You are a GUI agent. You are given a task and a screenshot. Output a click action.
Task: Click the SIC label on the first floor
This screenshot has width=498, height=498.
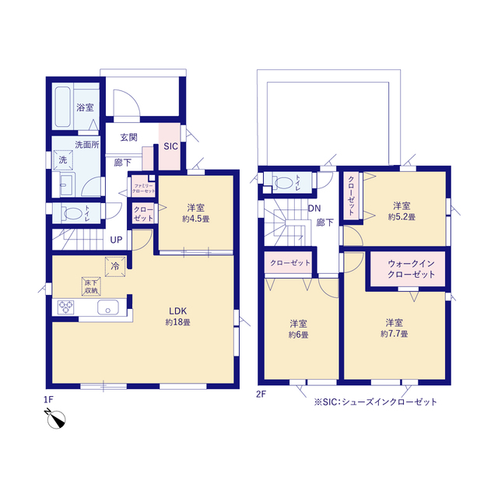click(x=170, y=146)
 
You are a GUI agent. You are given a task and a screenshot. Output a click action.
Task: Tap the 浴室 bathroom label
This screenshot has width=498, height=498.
click(x=85, y=107)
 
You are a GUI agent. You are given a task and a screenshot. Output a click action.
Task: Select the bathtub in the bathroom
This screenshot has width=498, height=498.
click(x=62, y=107)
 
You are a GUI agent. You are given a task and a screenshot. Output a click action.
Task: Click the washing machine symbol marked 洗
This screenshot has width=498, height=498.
click(x=63, y=160)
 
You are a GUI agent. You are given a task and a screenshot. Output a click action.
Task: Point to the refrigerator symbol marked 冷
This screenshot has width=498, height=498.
click(x=115, y=266)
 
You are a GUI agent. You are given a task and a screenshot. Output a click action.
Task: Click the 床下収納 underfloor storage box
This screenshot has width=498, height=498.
click(x=91, y=286)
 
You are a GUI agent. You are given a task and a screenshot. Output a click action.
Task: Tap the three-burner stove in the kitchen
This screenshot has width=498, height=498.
click(x=65, y=307)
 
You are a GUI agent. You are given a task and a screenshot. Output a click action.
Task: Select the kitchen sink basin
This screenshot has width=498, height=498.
click(x=108, y=307)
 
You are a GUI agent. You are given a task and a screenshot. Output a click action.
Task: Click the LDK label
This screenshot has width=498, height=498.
click(x=177, y=311)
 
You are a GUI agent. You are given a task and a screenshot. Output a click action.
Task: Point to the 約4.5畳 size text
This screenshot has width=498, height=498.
click(x=195, y=219)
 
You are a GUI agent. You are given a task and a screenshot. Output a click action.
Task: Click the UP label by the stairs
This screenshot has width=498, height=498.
click(x=116, y=240)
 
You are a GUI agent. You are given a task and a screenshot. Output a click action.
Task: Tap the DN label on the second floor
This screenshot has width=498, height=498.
click(x=314, y=209)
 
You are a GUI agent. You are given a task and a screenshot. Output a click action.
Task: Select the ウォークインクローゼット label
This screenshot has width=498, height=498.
click(x=411, y=268)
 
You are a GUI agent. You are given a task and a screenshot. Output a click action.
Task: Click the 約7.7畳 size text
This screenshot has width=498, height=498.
click(x=395, y=334)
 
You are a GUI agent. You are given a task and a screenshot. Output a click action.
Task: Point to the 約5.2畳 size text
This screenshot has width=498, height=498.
click(x=402, y=217)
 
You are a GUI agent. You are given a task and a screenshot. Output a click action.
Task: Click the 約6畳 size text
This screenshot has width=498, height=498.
click(x=298, y=335)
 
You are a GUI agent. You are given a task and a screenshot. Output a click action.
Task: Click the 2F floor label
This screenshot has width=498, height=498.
click(x=261, y=395)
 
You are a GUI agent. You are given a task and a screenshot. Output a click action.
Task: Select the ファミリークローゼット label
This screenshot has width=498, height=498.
click(x=143, y=188)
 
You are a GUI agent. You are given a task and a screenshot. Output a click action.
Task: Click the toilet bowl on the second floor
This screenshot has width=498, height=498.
click(x=283, y=182)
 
